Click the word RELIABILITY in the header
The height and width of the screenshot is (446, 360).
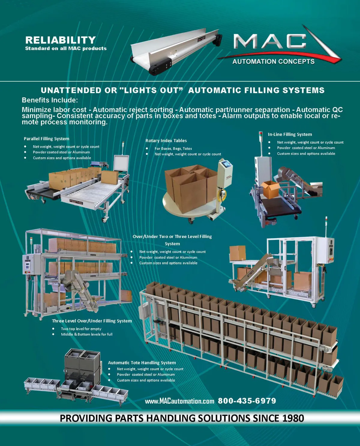coord(61,40)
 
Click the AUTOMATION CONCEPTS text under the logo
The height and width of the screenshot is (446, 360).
coord(273,61)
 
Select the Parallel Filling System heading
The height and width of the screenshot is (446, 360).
coord(46,139)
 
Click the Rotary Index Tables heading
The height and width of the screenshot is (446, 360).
coord(166,141)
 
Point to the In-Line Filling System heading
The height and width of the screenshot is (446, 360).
coord(290,135)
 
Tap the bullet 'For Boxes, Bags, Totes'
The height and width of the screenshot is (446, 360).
coord(173,148)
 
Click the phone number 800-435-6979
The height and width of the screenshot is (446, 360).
coord(247,401)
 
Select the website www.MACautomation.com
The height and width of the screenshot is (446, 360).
coord(179,401)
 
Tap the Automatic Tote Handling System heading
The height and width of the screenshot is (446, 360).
coord(142,363)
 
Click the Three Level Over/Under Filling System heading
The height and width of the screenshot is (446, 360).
coord(92,321)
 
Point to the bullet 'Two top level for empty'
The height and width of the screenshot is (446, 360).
coord(81,329)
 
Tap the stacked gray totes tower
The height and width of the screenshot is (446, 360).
coord(82,366)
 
